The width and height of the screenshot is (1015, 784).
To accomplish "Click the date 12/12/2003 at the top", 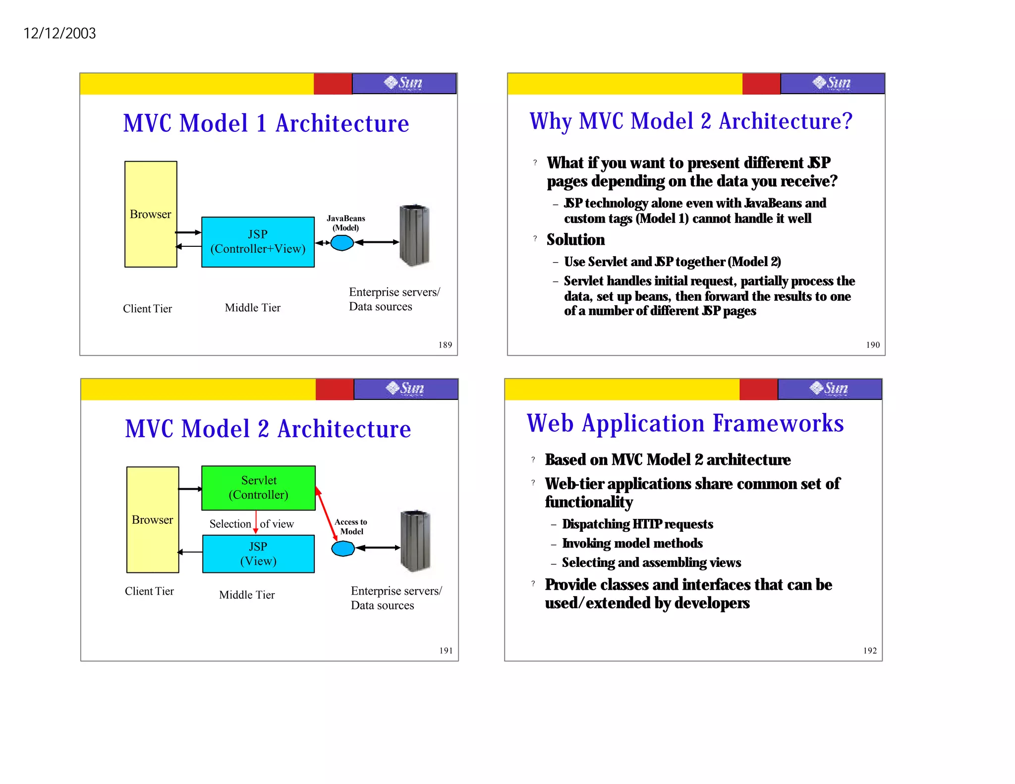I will tap(59, 33).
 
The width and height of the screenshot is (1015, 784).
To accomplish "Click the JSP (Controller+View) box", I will tap(258, 242).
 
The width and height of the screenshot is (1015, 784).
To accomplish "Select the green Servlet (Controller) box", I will tap(258, 488).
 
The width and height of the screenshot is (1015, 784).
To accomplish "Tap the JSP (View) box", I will tap(258, 554).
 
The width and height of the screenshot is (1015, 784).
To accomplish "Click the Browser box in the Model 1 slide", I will tap(151, 214).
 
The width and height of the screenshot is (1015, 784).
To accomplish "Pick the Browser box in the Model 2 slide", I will tap(153, 519).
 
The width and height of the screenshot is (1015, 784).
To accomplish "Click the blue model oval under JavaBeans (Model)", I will tap(342, 243).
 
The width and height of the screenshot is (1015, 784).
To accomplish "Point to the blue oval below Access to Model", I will tap(343, 549).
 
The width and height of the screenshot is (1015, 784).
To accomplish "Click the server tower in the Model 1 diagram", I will tap(414, 235).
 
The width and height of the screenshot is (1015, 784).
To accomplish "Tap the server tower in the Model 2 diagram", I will tap(416, 541).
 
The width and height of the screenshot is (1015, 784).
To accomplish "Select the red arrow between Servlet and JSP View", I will tap(256, 522).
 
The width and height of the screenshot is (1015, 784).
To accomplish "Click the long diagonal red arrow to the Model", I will tap(326, 513).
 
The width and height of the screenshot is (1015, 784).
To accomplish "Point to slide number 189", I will tap(445, 345).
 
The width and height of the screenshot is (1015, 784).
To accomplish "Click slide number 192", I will tap(870, 651).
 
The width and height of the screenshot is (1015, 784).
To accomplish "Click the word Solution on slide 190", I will tap(575, 240).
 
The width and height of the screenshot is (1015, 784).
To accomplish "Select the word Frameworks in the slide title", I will tap(778, 424).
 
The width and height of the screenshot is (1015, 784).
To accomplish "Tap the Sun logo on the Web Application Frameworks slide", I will tap(829, 389).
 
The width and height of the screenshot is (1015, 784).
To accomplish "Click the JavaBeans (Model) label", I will tap(346, 223).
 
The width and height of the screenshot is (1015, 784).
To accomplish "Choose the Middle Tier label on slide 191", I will tap(247, 595).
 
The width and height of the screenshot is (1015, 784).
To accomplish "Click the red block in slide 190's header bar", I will tap(761, 84).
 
